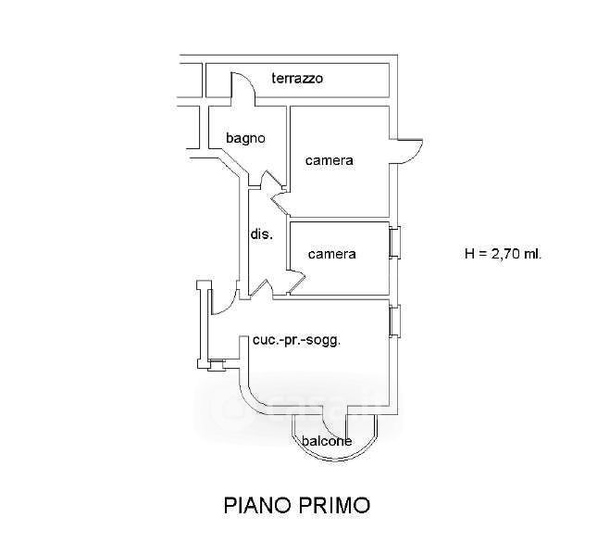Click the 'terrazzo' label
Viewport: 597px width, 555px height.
point(296,79)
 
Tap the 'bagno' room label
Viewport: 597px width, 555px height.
point(246,138)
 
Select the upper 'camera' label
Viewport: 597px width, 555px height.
point(330,160)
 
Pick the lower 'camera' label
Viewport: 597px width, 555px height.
point(332,253)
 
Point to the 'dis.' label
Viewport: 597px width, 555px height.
point(261,234)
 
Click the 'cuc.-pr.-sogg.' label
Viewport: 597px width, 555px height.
point(296,340)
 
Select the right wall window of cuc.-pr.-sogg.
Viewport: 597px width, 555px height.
point(395,321)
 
